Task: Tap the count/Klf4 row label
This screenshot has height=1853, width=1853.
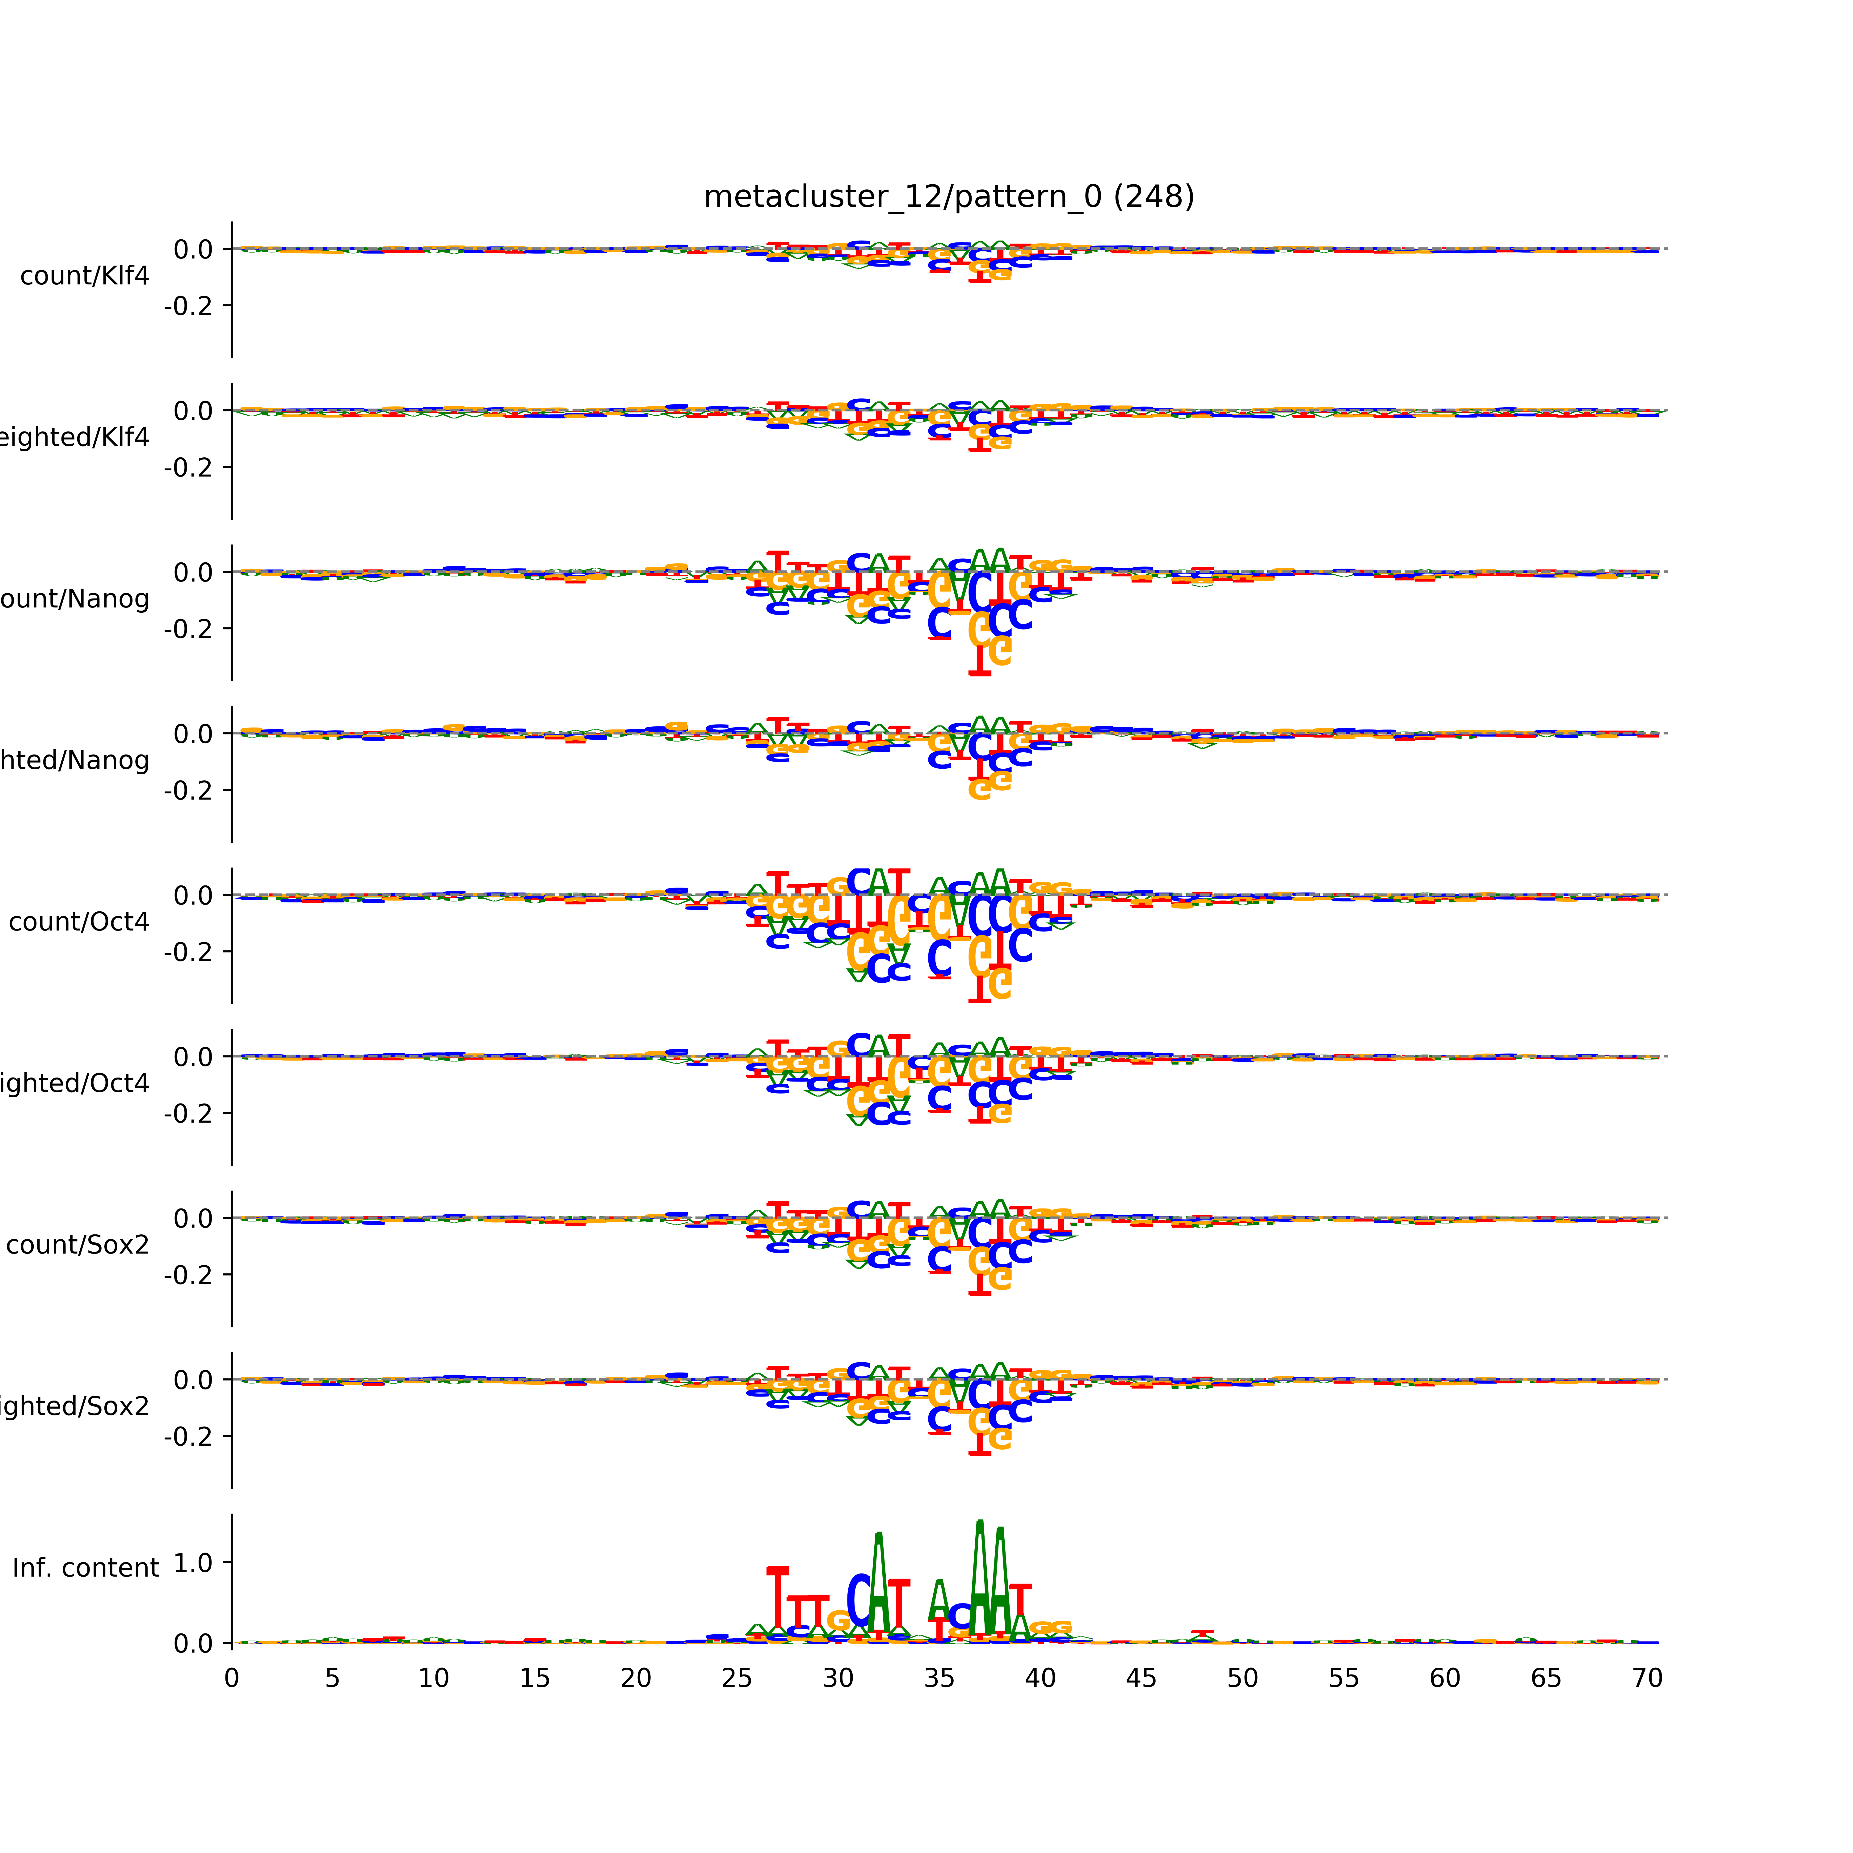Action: (x=84, y=276)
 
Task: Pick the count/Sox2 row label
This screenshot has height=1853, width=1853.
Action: (x=78, y=1245)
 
